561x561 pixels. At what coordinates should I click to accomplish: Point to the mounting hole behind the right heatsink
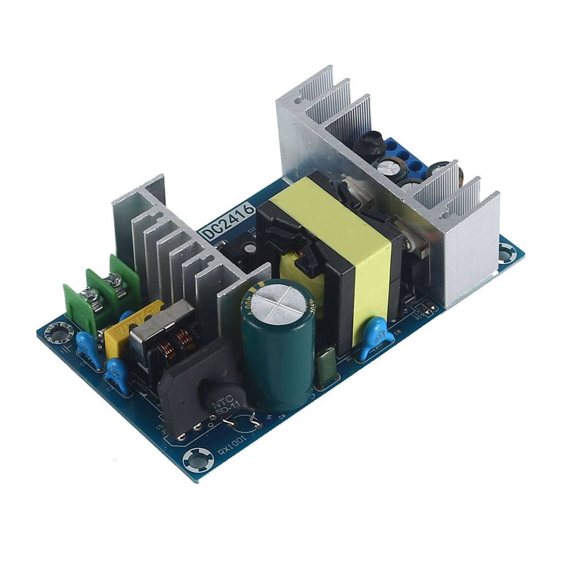(x=507, y=252)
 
